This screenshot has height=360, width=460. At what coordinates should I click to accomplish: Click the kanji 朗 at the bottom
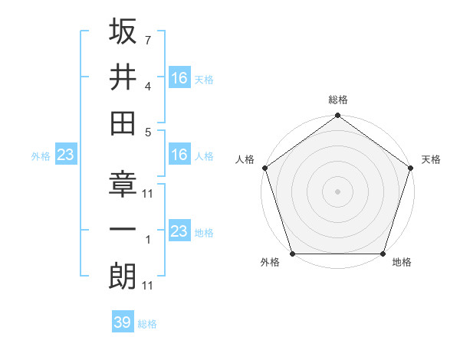(123, 275)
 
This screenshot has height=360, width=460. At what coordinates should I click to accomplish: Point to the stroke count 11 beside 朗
(149, 285)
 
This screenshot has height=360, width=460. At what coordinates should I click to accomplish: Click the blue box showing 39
(122, 322)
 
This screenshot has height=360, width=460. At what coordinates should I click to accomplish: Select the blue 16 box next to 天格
(179, 77)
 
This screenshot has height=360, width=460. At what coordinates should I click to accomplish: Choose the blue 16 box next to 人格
(179, 155)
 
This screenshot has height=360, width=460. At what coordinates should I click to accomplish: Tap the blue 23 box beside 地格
(179, 231)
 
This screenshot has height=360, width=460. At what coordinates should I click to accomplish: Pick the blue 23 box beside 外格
(66, 155)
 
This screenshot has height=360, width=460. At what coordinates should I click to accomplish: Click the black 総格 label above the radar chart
(337, 100)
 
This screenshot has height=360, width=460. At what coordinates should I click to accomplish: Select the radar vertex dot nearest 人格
(264, 169)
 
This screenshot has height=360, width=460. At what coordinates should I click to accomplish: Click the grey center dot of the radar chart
(337, 191)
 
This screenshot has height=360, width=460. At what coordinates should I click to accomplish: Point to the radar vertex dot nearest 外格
(292, 254)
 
